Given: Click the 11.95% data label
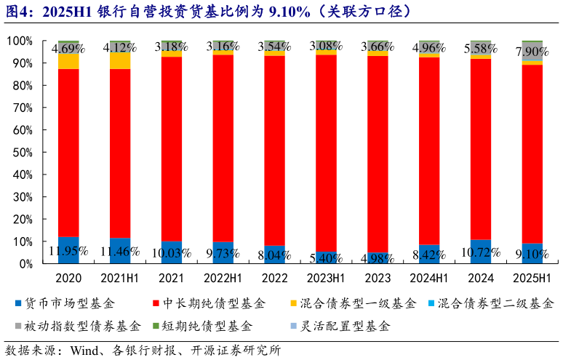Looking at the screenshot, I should click(68, 252).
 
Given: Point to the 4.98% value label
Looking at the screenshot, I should click(378, 257).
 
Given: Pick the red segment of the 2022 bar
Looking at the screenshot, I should click(275, 145).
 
